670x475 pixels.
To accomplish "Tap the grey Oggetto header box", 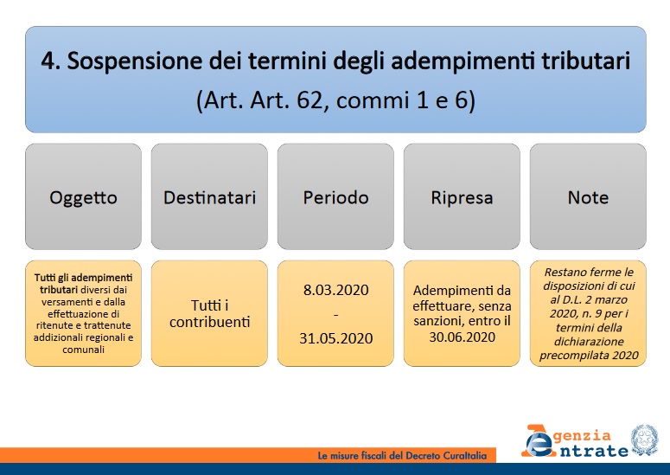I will point(83,197).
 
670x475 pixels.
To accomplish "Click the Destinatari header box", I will point(209,197).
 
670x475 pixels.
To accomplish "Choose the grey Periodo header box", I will point(335,197).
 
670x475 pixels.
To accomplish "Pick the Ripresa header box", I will point(462,197).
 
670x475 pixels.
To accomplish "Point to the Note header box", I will point(588,197).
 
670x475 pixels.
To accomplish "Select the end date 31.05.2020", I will point(335,337).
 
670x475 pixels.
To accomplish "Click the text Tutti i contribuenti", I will point(209,314).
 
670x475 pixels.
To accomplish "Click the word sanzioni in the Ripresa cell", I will point(441,322).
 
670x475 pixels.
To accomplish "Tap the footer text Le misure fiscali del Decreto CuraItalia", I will point(403,455).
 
